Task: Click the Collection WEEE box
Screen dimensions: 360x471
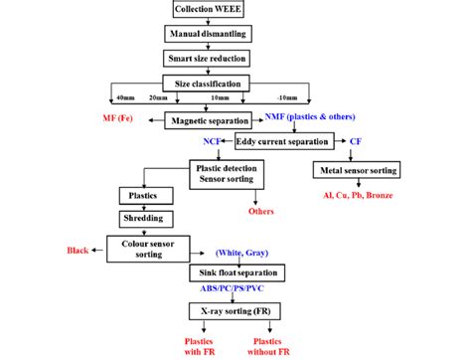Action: pos(207,10)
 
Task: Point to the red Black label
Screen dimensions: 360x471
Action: pos(76,251)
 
